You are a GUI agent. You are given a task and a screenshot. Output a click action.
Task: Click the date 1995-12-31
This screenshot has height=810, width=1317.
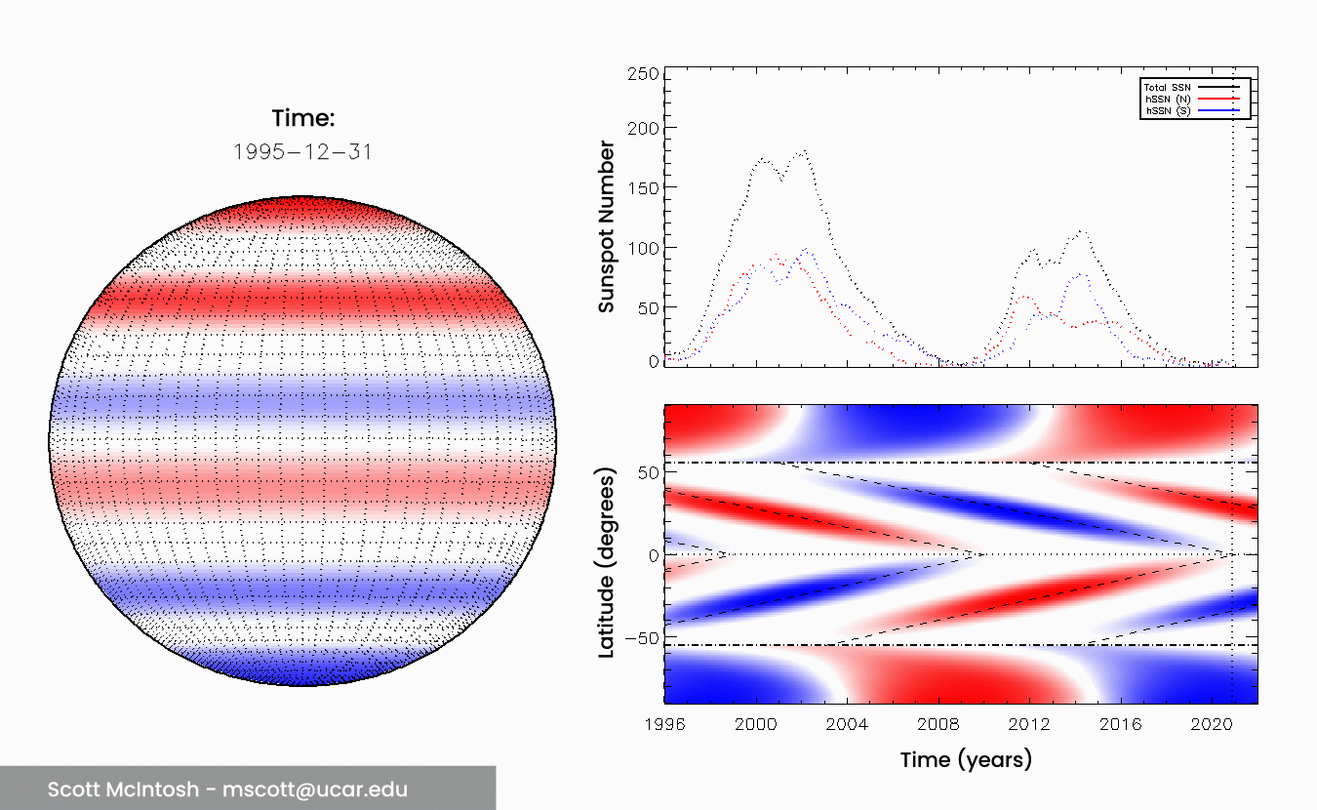click(x=302, y=153)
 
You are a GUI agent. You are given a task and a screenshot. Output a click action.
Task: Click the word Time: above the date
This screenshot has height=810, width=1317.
click(x=302, y=119)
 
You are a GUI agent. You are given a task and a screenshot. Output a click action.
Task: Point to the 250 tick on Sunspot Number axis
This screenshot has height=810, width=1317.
click(x=644, y=75)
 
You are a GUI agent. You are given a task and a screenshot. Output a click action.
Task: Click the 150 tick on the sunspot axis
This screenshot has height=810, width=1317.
click(x=644, y=188)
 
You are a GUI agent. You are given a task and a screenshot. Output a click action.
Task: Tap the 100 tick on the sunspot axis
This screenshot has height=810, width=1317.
click(x=644, y=248)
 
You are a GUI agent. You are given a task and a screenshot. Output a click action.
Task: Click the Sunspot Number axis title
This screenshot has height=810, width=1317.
click(x=607, y=227)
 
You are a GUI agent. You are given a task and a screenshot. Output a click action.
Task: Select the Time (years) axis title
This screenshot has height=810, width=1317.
click(x=965, y=759)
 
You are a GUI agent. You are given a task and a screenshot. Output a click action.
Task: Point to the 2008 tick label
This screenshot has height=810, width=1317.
click(x=938, y=725)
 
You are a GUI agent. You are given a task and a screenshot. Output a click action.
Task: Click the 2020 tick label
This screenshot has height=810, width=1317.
click(x=1213, y=725)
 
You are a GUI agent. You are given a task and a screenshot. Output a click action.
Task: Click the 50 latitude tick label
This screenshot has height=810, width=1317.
click(x=647, y=472)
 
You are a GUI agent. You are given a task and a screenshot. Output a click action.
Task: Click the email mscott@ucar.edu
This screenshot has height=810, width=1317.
click(x=314, y=790)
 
